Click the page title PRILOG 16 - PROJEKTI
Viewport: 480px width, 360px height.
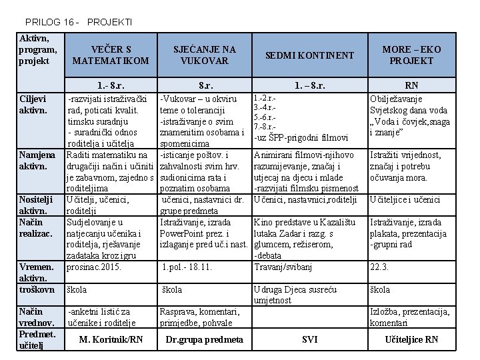point(79,22)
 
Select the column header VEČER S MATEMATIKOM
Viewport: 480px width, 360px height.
point(111,55)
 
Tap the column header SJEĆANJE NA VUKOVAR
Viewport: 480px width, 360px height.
point(205,55)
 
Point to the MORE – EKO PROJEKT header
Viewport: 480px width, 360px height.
point(411,55)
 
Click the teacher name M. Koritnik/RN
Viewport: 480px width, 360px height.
point(111,339)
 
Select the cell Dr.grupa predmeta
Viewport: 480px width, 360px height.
point(204,339)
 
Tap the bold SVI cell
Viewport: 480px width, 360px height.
point(309,339)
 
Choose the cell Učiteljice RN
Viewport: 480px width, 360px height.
point(411,339)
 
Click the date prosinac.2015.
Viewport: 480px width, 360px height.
point(93,267)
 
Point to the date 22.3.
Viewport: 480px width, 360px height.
point(379,267)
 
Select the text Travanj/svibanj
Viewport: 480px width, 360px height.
point(283,267)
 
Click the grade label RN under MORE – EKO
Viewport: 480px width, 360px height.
point(411,85)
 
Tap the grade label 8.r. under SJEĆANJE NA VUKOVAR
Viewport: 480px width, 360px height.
point(205,85)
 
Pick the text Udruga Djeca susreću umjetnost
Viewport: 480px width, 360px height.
point(295,295)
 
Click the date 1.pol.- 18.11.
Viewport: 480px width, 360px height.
point(187,267)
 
